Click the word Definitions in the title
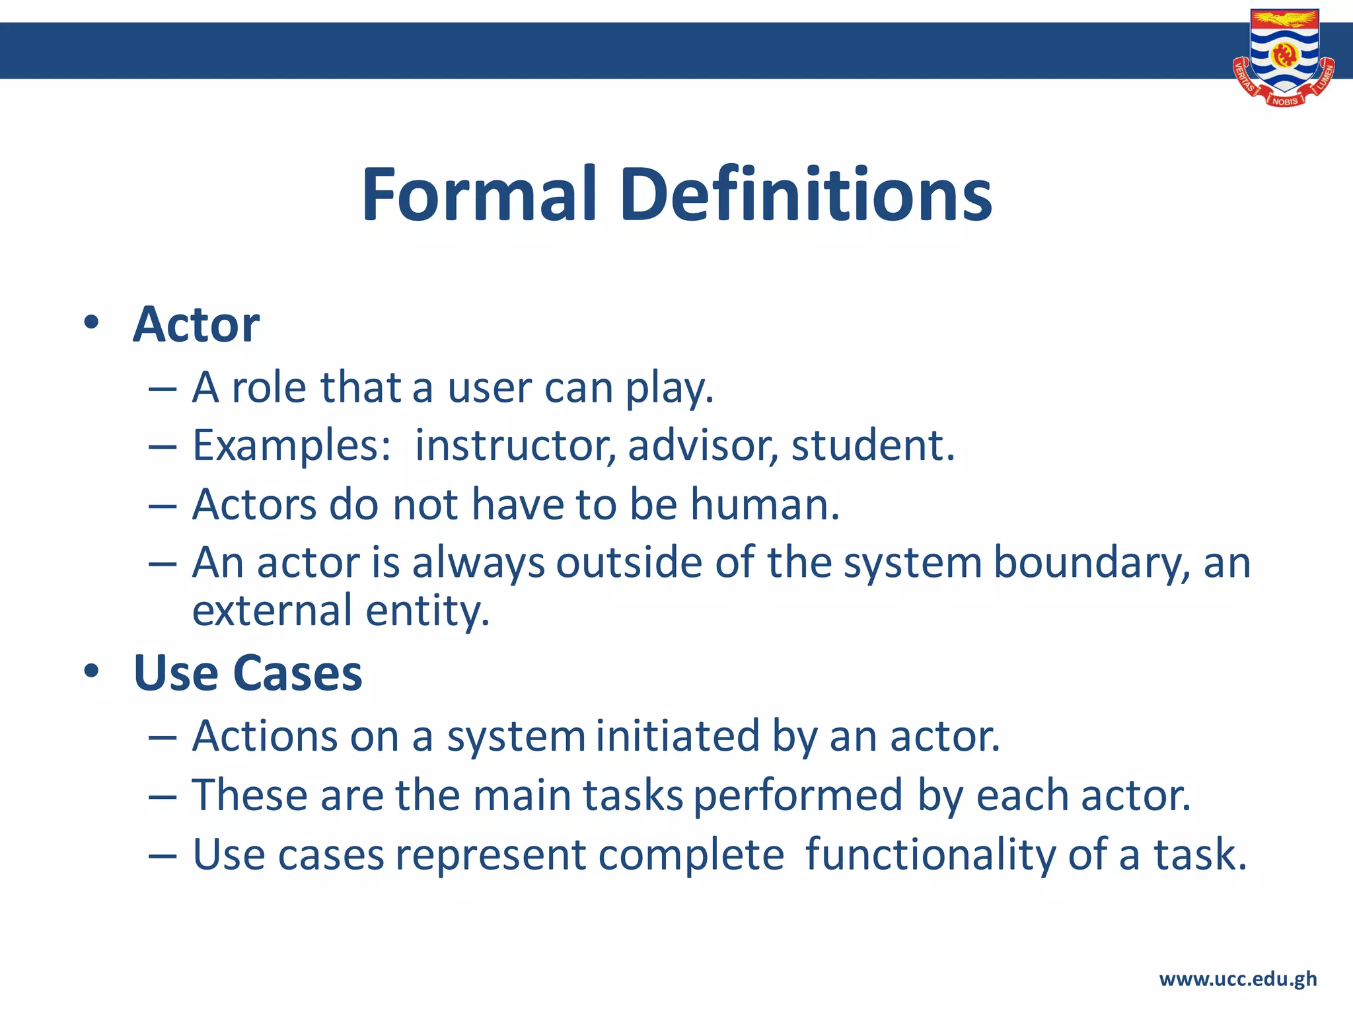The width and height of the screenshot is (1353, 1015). (806, 195)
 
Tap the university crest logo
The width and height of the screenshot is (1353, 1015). (1284, 56)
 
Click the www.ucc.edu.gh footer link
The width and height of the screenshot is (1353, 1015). (1237, 979)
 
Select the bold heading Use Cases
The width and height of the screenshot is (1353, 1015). (248, 673)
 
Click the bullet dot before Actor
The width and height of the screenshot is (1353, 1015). (91, 323)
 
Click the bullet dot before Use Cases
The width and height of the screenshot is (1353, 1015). (91, 671)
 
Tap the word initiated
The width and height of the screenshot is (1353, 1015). (678, 736)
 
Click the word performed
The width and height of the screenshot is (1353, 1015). (798, 796)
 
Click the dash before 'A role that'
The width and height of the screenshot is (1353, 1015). (163, 389)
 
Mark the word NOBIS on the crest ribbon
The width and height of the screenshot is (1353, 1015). (1284, 101)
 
